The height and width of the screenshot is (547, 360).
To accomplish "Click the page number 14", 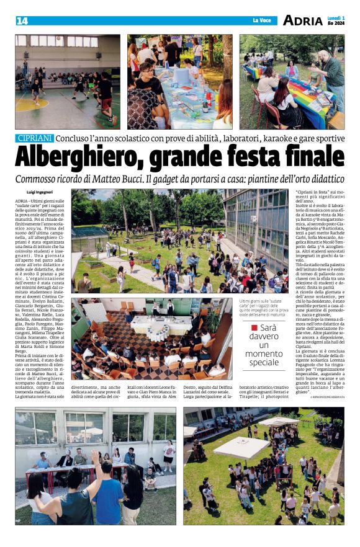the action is (x=22, y=21).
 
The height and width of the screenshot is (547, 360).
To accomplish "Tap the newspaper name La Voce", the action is (x=262, y=21).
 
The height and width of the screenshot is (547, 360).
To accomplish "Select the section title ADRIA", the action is (x=303, y=20).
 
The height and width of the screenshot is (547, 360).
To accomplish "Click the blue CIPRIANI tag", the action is (x=36, y=138).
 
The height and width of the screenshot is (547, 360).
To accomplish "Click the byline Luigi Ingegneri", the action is (x=42, y=193).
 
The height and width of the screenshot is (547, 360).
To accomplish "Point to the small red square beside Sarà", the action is (x=253, y=327).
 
